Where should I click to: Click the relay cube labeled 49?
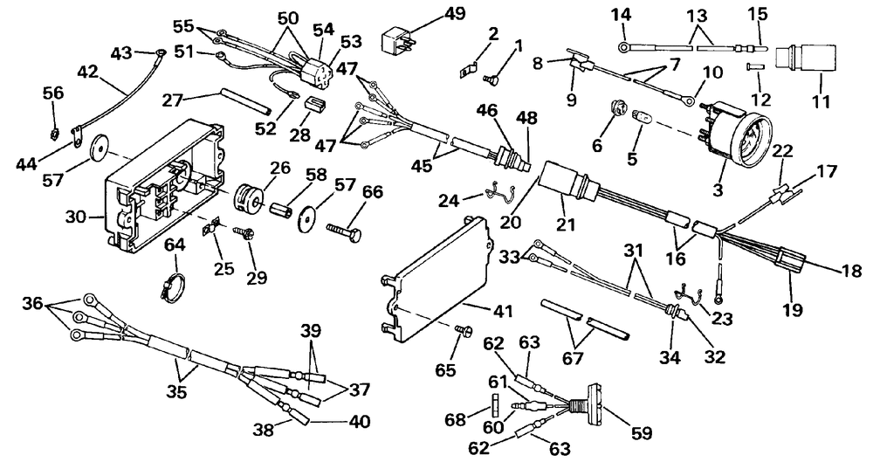pyautogui.click(x=397, y=42)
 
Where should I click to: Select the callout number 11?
pyautogui.click(x=821, y=101)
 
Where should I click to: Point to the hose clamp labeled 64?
pyautogui.click(x=172, y=286)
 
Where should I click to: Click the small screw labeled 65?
pyautogui.click(x=464, y=330)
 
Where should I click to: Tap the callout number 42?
pyautogui.click(x=88, y=72)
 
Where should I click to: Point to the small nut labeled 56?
pyautogui.click(x=51, y=134)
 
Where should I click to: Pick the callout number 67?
pyautogui.click(x=573, y=357)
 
